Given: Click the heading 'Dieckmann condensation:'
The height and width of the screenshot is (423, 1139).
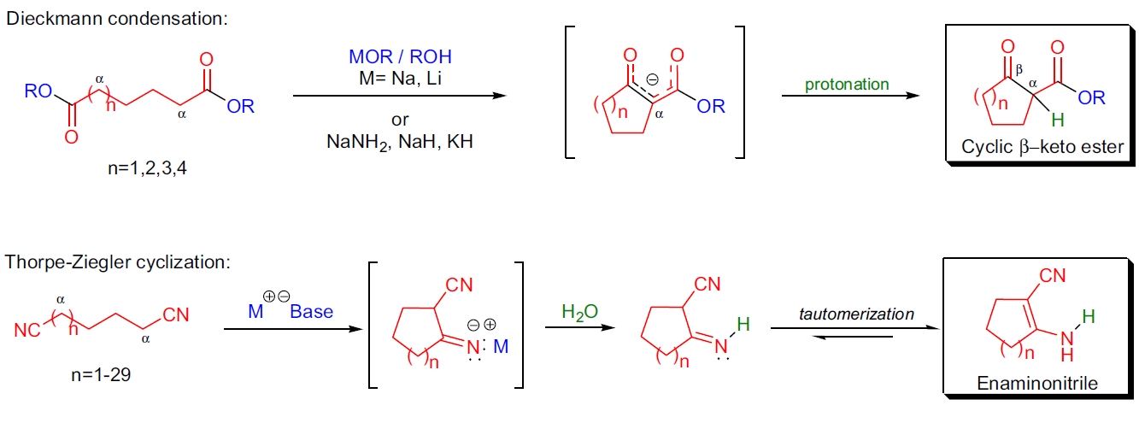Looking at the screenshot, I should [117, 18].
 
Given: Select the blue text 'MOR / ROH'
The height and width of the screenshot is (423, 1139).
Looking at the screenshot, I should [400, 58].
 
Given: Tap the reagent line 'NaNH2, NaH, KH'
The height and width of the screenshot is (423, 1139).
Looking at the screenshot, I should [400, 142].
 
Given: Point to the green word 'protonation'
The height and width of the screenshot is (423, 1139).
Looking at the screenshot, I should [847, 85].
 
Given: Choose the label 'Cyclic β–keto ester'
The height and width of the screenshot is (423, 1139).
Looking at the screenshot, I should [1042, 147].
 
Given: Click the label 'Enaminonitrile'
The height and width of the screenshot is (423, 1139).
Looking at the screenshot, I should [1037, 384].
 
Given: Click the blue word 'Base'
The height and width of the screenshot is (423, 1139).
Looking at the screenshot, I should [311, 312].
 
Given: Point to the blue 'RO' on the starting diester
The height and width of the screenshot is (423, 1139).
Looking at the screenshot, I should [38, 91].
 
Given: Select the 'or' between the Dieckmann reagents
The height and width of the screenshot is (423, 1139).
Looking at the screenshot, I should [400, 120].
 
